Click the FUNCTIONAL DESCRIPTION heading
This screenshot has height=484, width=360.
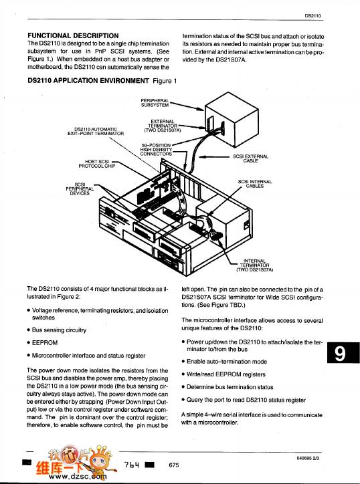click(x=73, y=35)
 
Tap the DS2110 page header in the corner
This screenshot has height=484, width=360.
click(x=312, y=15)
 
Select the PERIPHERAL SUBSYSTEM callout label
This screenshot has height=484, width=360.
click(x=155, y=103)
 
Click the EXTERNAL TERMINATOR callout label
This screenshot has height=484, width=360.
click(x=163, y=126)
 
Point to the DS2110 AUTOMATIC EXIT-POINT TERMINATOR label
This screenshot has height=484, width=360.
click(x=96, y=131)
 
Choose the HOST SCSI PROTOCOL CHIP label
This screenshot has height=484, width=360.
click(x=97, y=164)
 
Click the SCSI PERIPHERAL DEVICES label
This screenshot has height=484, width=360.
click(x=80, y=189)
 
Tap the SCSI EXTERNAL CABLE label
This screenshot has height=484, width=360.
click(x=251, y=158)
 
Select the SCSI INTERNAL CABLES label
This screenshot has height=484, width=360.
click(x=255, y=184)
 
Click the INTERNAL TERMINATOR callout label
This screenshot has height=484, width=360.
click(x=255, y=265)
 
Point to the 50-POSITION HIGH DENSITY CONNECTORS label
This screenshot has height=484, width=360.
click(x=156, y=149)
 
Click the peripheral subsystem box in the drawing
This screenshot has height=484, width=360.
click(x=232, y=120)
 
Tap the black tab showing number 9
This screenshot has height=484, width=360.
click(x=343, y=353)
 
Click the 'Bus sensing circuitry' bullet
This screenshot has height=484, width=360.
click(x=57, y=330)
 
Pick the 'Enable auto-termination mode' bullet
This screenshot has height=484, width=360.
click(x=224, y=362)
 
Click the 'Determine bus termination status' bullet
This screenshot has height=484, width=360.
click(x=228, y=387)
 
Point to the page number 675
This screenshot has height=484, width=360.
click(x=174, y=465)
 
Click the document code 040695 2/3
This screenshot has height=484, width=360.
click(x=308, y=458)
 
